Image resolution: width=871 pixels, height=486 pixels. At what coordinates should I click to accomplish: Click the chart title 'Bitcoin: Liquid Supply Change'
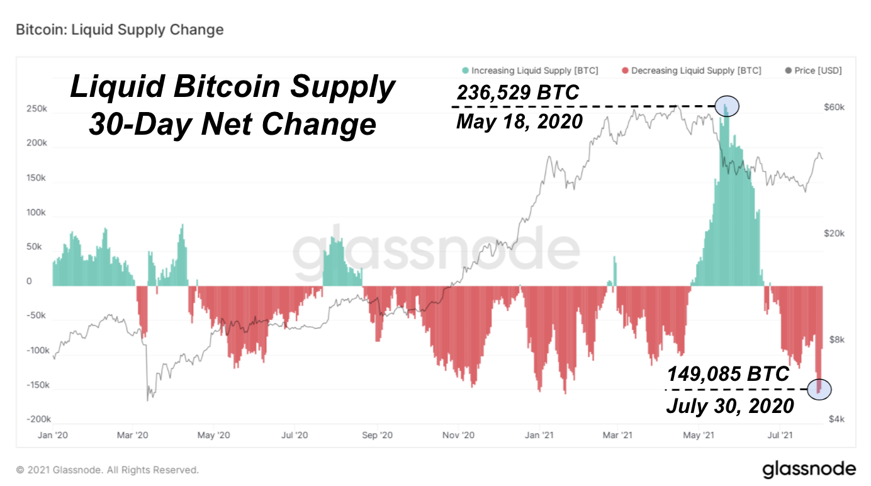120,30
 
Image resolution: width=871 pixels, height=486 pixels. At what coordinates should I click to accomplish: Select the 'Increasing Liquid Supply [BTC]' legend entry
530,71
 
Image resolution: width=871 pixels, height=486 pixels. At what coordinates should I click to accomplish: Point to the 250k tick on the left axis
37,109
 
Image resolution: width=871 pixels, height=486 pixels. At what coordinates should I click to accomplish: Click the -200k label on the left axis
38,419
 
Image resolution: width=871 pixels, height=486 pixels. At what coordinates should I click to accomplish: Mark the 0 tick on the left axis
29,281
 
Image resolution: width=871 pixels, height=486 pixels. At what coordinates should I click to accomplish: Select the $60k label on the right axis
834,108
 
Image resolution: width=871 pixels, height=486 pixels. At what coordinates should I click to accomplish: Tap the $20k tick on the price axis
834,234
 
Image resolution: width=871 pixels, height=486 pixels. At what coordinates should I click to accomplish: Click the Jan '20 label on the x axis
53,435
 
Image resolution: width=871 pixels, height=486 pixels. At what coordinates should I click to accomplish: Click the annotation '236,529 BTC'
517,93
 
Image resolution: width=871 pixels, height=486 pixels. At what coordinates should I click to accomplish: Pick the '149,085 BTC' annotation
728,375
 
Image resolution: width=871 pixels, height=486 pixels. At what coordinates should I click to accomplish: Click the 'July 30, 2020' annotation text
730,406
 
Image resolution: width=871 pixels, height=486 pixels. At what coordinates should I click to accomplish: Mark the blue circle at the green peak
727,106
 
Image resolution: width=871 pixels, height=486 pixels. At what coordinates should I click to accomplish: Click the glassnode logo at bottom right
809,469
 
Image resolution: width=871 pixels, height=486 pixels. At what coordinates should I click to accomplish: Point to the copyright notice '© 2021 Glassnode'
108,470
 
